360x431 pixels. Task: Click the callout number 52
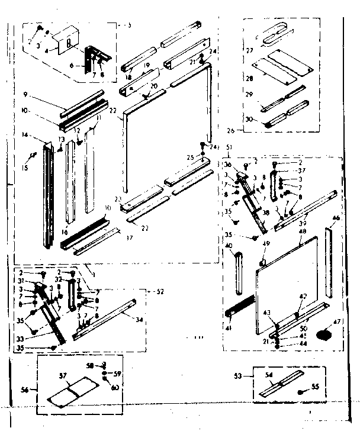click(x=158, y=292)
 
